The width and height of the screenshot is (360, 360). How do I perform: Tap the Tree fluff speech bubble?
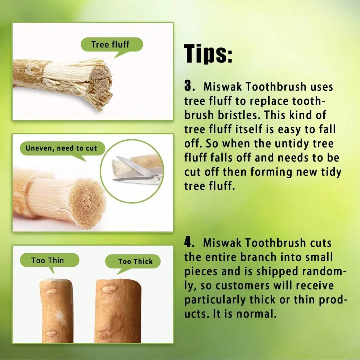pyautogui.click(x=111, y=45)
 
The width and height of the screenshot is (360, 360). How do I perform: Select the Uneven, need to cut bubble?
pyautogui.click(x=61, y=148)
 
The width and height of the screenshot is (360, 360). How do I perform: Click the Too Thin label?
pyautogui.click(x=48, y=260)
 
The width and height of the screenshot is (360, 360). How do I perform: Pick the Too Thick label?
pyautogui.click(x=135, y=261)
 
